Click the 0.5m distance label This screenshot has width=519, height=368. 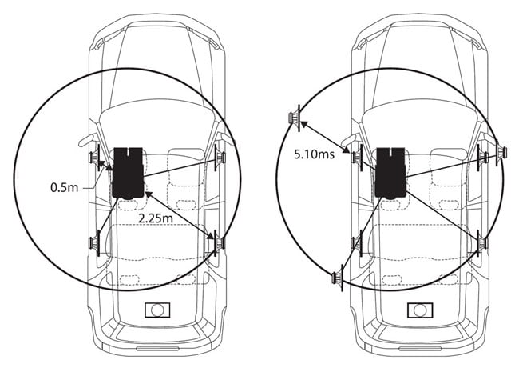point(64,188)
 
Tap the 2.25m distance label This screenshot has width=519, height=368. point(156,218)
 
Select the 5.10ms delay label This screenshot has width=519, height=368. point(314,154)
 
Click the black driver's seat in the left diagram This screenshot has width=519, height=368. point(128,173)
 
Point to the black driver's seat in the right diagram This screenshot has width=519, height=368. point(391,173)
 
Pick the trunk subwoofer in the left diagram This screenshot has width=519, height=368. point(157,310)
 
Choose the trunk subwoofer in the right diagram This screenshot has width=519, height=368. point(420,310)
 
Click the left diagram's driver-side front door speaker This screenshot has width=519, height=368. point(95,158)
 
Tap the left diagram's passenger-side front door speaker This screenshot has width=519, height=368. point(220,158)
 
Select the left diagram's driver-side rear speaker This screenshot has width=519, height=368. point(95,243)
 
